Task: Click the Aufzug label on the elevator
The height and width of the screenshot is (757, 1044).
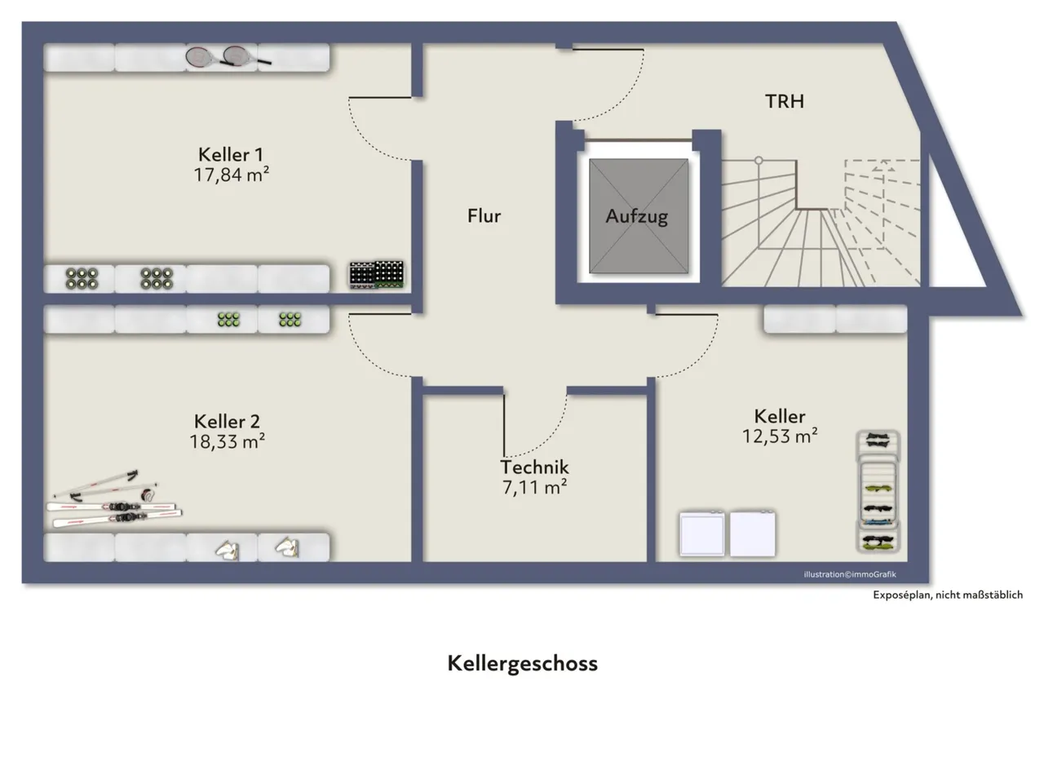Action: click(x=637, y=217)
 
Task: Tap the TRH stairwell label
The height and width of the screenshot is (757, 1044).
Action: click(x=785, y=102)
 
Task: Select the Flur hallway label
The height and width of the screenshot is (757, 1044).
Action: click(x=484, y=216)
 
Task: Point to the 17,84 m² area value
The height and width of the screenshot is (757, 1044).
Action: click(x=231, y=175)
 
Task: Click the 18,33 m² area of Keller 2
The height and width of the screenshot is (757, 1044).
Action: click(x=227, y=441)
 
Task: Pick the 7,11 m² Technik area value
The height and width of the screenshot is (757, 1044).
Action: click(x=534, y=487)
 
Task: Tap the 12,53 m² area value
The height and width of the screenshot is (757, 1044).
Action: click(x=780, y=436)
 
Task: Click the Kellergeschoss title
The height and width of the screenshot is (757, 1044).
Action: click(x=523, y=664)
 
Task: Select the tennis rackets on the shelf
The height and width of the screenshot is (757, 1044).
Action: click(x=228, y=57)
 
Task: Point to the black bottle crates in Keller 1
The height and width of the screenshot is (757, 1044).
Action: click(x=377, y=274)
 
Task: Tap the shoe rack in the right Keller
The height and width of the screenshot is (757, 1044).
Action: click(x=878, y=491)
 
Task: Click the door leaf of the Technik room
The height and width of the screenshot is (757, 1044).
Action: click(x=504, y=425)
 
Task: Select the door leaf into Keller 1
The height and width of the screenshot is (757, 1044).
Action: click(x=380, y=97)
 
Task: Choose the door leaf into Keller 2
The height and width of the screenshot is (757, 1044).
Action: click(x=380, y=315)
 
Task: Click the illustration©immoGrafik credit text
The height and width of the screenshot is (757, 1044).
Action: click(x=850, y=574)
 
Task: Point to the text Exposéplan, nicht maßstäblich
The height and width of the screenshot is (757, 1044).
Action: click(x=948, y=595)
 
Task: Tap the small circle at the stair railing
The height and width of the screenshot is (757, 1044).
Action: click(x=759, y=161)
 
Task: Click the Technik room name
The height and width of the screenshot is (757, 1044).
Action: click(x=534, y=467)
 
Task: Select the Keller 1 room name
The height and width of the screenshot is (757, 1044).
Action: click(x=231, y=154)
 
